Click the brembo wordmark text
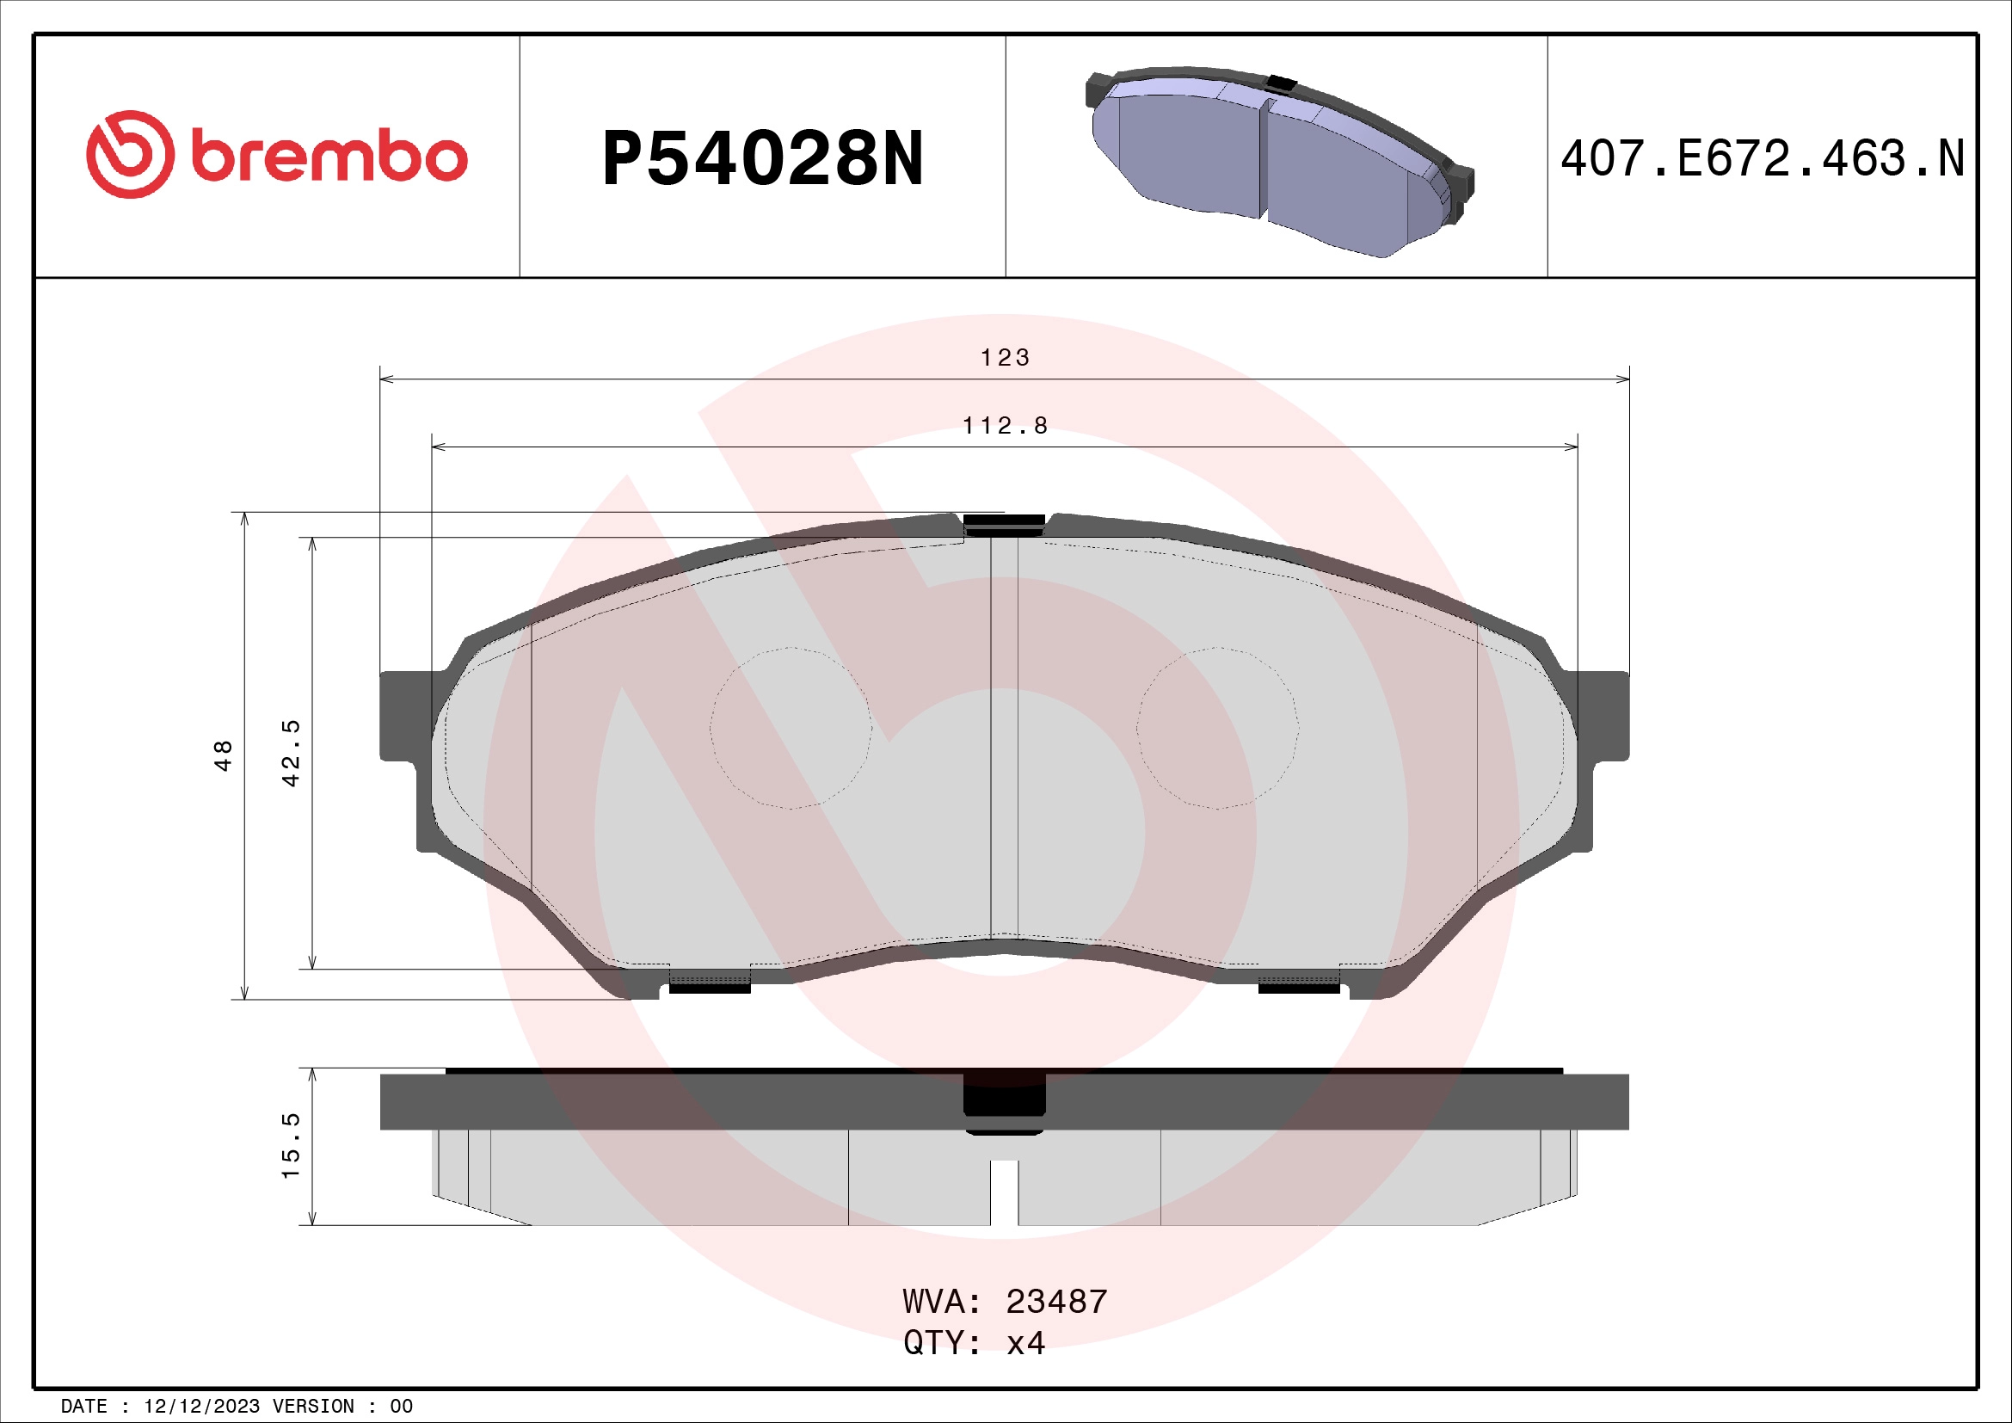tap(329, 157)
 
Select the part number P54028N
tap(762, 159)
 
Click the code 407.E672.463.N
tap(1762, 159)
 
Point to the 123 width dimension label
tap(1004, 358)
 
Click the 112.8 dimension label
tap(1004, 426)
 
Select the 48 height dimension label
tap(224, 755)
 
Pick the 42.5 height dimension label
tap(291, 754)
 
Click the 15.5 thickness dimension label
tap(291, 1146)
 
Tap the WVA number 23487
tap(1056, 1302)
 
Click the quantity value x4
tap(1025, 1343)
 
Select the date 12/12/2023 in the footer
tap(201, 1407)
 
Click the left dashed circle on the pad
tap(791, 728)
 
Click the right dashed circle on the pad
tap(1217, 728)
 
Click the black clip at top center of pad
tap(1004, 523)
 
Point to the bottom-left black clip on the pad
tap(710, 988)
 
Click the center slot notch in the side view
tap(1004, 1192)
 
